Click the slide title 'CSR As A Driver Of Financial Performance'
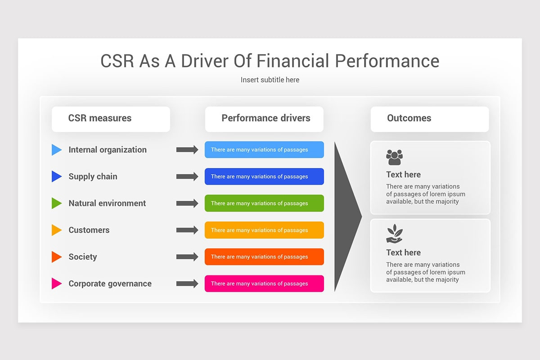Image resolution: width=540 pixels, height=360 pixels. [x=270, y=61]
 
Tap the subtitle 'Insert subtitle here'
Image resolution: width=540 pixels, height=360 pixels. [x=270, y=80]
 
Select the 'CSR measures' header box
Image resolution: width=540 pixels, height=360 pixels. [x=111, y=119]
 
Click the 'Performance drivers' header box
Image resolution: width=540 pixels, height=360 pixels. [x=264, y=119]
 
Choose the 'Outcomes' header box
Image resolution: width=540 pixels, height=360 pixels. [x=429, y=119]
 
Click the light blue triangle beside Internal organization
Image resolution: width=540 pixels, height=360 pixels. [x=56, y=150]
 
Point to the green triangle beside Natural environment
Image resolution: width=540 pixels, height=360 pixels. [x=56, y=203]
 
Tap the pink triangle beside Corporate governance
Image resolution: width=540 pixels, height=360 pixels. [x=56, y=283]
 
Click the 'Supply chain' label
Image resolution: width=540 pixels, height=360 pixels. [x=93, y=176]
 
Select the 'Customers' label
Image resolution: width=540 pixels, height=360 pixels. [x=89, y=230]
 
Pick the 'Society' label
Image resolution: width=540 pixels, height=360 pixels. [x=82, y=257]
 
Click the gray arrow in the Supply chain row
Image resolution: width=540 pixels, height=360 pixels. [x=187, y=176]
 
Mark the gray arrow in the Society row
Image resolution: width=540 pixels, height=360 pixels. [x=187, y=257]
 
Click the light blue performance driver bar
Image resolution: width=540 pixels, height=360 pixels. [x=264, y=150]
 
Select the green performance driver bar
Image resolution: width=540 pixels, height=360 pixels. [x=264, y=203]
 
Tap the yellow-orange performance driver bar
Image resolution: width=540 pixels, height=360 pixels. [x=264, y=230]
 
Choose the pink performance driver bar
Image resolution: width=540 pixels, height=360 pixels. [x=264, y=283]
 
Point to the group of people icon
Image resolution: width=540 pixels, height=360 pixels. [x=394, y=157]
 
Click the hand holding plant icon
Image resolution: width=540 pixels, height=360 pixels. [x=394, y=234]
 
